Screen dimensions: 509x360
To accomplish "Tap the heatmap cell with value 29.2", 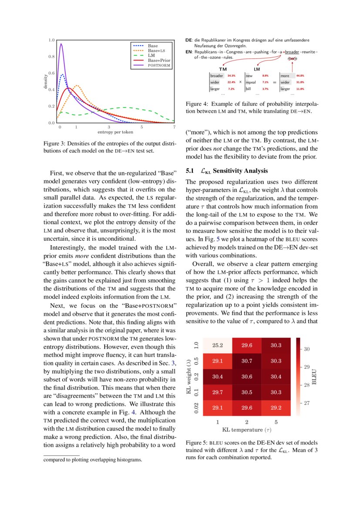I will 275,408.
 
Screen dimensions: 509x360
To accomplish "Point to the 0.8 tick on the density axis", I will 51,56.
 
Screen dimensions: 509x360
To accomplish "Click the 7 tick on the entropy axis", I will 174,127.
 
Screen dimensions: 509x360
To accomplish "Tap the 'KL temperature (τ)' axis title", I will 247,430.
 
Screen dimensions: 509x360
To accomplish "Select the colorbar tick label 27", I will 306,403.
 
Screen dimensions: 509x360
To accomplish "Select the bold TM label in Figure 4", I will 223,69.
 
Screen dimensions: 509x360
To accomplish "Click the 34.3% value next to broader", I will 231,76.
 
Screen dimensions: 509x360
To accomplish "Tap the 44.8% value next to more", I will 300,76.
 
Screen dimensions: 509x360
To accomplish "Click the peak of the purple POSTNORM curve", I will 61,44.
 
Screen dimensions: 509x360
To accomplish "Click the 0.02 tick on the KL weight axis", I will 197,408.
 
